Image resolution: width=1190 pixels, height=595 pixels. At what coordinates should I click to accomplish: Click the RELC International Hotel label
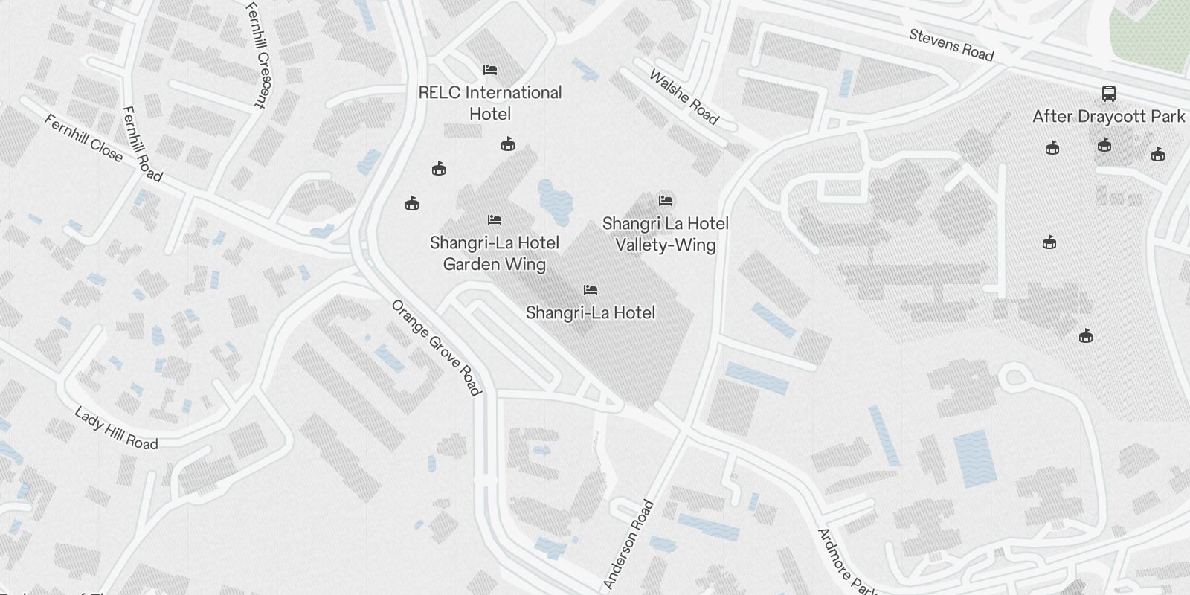coord(490,103)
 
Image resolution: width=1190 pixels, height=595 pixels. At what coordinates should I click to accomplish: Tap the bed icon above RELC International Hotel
coord(490,70)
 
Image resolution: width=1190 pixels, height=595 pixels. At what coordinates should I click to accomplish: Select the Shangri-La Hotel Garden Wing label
coord(495,253)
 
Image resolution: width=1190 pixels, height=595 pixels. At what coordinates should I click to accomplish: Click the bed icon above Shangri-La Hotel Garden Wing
coord(495,220)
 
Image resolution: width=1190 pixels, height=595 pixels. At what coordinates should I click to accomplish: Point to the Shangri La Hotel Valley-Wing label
coord(666,234)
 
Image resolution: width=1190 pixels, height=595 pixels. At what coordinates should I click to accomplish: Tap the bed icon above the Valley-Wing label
coord(666,201)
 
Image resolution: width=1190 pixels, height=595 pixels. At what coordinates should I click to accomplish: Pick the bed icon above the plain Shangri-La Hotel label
coord(591,290)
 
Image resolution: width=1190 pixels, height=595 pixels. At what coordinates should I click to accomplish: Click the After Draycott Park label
coord(1108,117)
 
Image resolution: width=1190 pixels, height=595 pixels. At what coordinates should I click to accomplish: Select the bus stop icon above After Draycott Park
coord(1108,94)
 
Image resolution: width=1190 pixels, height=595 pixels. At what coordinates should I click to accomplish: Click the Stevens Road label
coord(951,45)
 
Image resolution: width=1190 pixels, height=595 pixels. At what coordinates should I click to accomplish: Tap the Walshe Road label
coord(684,97)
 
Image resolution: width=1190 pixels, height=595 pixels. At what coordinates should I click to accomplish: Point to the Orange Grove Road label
coord(437,347)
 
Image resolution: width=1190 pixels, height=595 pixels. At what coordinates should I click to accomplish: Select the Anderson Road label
coord(629,544)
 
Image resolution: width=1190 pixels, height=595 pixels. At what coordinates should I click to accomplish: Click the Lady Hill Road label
coord(116,428)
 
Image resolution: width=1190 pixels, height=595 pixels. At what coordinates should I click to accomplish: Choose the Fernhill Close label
coord(83,137)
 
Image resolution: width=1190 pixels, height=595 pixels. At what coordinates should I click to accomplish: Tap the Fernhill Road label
coord(141,144)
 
